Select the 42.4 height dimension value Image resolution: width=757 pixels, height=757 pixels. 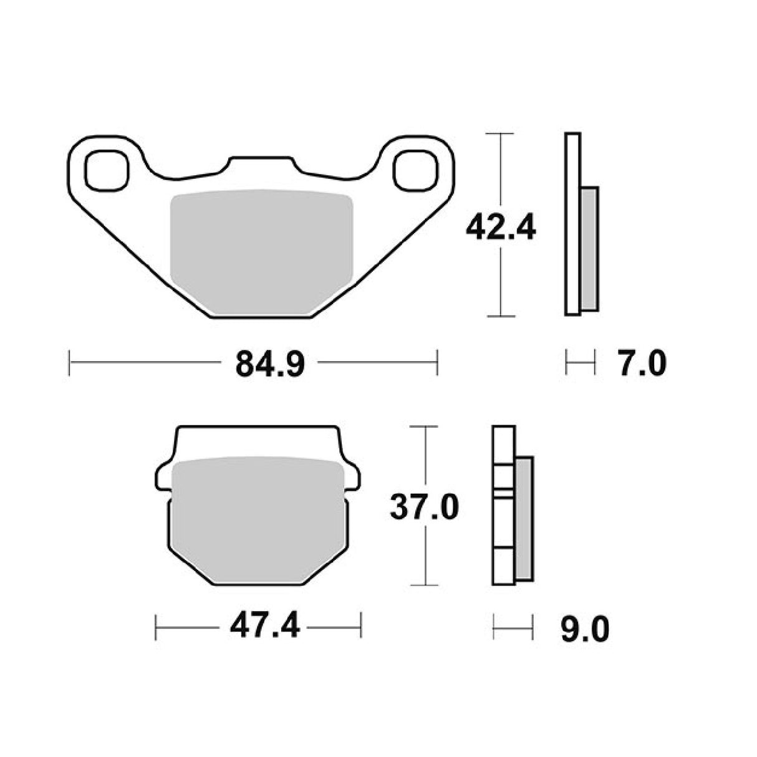pos(501,229)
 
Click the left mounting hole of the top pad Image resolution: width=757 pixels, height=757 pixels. pos(107,170)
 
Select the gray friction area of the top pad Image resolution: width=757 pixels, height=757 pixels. pos(262,249)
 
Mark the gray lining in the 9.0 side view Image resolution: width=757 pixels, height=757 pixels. pos(525,518)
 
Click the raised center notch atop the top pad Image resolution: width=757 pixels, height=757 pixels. pos(261,163)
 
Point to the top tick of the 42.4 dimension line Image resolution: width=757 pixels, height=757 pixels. pos(500,133)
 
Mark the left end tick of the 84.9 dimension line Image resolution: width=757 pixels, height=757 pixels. pos(69,362)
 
